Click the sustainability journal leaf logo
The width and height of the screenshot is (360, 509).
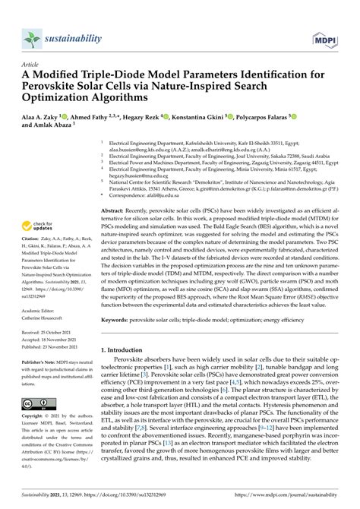coord(31,38)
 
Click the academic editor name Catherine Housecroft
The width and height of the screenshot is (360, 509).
coord(47,318)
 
